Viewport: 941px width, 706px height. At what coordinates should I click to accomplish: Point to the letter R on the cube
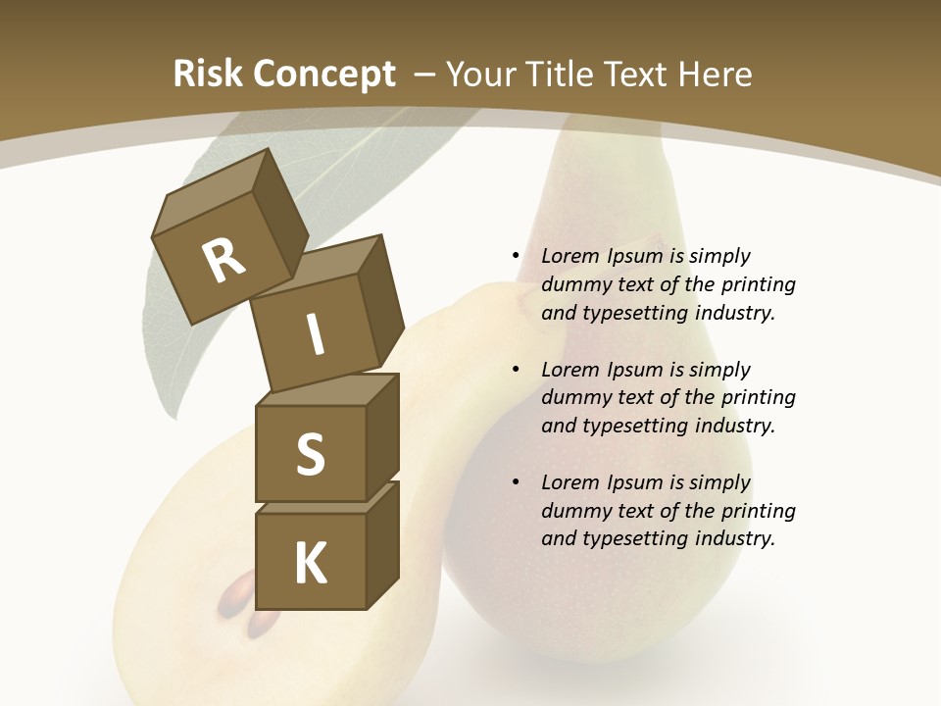click(224, 261)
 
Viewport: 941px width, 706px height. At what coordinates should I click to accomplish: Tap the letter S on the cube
click(310, 455)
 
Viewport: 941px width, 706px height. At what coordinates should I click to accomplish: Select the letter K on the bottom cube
click(310, 563)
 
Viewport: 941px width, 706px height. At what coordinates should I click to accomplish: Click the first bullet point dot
click(516, 256)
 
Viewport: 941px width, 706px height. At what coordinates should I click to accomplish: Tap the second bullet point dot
click(516, 370)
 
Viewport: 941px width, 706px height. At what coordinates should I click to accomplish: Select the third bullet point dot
click(516, 482)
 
